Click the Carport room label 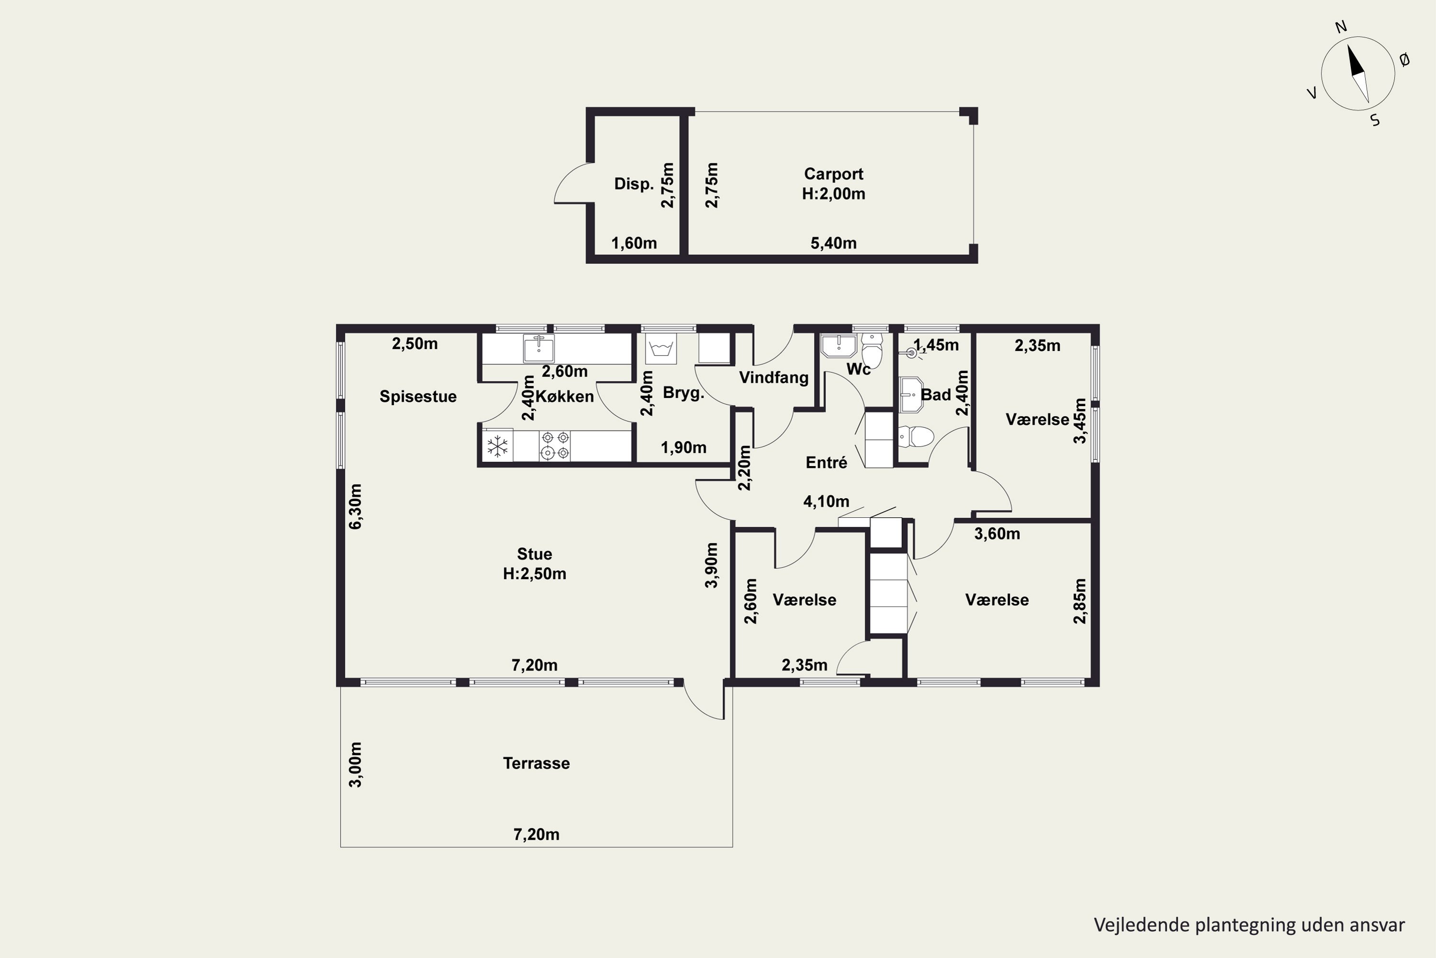[x=833, y=174]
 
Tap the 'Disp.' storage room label [x=634, y=184]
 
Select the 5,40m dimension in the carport [x=833, y=243]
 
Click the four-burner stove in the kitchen [x=555, y=445]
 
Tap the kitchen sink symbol [x=538, y=349]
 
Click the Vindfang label [x=774, y=377]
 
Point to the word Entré [x=826, y=463]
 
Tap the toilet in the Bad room [x=917, y=437]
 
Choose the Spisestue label [x=418, y=397]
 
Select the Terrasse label [x=536, y=763]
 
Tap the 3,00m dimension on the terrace [x=355, y=765]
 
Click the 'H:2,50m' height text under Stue [x=534, y=574]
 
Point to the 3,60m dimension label [x=997, y=534]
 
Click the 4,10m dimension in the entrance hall [x=826, y=502]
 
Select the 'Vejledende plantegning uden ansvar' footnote [x=1249, y=924]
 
